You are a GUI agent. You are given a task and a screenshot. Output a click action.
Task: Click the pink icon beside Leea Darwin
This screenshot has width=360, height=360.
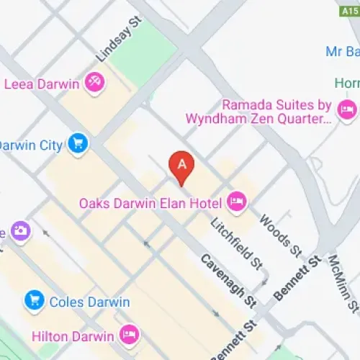[x=94, y=84]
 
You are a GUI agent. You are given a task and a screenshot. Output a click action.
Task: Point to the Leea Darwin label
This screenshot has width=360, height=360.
[x=42, y=84]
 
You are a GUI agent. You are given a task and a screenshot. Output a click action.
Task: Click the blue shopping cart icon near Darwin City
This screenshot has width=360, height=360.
[x=78, y=145]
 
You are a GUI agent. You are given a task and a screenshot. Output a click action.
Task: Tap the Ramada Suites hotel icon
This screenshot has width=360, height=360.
[x=347, y=109]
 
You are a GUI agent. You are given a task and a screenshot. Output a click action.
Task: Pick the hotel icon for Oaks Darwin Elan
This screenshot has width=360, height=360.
[x=235, y=203]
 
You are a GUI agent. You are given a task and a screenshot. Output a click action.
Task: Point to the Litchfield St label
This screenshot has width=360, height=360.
[x=235, y=243]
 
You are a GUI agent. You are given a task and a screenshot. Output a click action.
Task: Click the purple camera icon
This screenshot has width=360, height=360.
[x=21, y=230]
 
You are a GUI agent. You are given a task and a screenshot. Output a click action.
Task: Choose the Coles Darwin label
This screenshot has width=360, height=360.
[x=78, y=302]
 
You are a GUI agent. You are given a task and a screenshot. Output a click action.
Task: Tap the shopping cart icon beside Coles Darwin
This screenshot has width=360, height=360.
[x=33, y=301]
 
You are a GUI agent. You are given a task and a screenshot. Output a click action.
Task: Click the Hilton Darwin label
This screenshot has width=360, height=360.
[x=73, y=336]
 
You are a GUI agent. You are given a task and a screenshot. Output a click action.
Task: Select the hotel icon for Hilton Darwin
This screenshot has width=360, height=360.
[x=129, y=335]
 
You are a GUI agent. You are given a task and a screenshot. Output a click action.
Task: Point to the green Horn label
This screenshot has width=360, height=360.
[x=347, y=83]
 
